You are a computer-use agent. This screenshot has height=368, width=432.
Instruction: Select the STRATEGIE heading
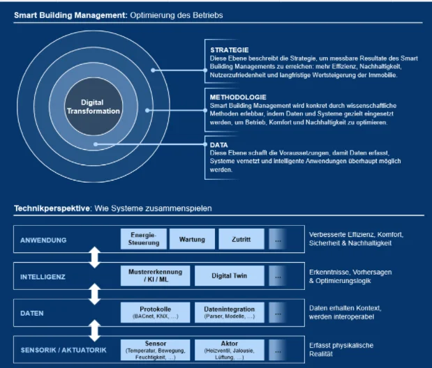229,50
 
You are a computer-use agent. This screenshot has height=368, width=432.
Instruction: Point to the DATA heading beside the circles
219,144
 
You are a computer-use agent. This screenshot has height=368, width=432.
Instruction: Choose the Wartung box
192,240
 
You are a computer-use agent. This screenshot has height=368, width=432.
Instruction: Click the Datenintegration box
229,312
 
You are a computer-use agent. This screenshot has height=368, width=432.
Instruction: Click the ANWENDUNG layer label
43,240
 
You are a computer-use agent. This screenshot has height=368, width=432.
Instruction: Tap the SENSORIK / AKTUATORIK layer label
64,349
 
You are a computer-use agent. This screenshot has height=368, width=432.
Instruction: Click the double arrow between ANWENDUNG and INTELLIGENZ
96,258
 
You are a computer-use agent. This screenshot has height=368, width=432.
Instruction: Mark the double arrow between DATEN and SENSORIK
96,330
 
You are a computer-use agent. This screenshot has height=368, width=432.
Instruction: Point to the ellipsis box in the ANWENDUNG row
278,240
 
